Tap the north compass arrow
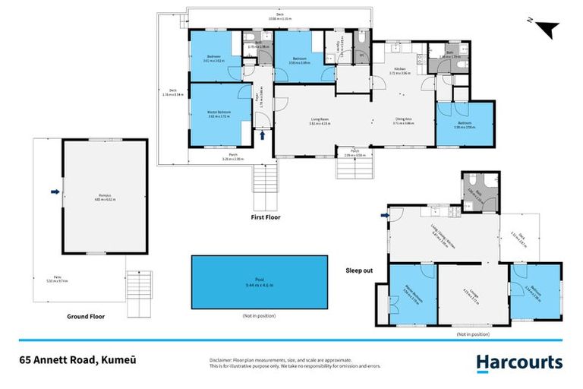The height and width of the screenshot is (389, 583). [547, 30]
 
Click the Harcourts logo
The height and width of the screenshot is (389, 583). [519, 362]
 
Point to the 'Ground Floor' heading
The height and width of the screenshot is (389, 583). [85, 316]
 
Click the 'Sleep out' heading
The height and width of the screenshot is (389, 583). [361, 270]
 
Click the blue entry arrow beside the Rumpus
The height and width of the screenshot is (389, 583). [55, 192]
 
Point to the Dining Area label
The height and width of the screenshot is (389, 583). [403, 120]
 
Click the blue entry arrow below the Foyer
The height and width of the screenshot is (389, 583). [263, 135]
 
